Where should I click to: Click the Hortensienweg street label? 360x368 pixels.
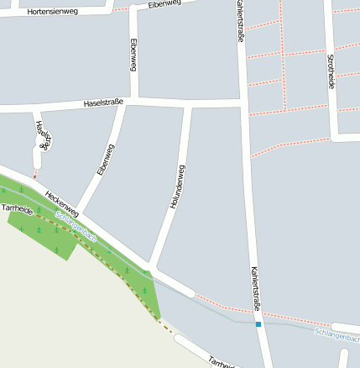[52, 13]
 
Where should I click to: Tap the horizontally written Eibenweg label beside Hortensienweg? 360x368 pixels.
[164, 5]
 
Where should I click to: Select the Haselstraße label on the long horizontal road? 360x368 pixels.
[104, 103]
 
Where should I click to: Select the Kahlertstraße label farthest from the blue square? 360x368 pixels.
[240, 21]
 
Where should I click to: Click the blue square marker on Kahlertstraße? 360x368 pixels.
[258, 323]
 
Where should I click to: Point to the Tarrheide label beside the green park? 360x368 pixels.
[17, 208]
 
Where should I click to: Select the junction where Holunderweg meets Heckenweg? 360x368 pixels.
[154, 268]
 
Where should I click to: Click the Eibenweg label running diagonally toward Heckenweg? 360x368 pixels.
[105, 159]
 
